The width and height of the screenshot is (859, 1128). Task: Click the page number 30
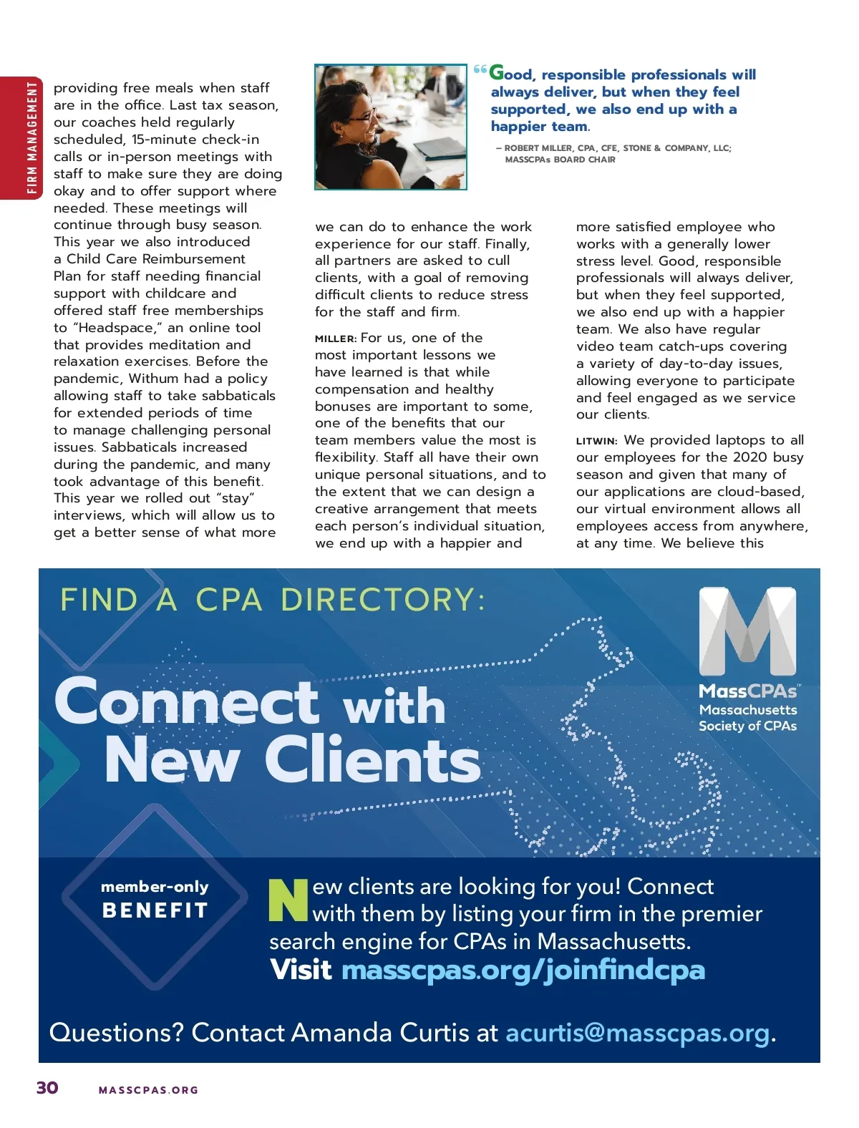coord(47,1087)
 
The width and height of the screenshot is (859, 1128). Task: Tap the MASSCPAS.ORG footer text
coord(148,1090)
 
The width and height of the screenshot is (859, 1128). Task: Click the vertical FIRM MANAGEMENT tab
coord(31,137)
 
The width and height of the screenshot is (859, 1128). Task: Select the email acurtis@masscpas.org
coord(637,1033)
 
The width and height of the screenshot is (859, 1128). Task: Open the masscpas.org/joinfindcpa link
coord(523,970)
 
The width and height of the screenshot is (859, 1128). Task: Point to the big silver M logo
coord(747,631)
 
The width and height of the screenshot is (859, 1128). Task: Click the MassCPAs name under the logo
coord(747,691)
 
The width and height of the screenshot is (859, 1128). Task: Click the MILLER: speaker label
coord(335,339)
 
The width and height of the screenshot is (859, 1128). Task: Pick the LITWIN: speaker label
coord(596,441)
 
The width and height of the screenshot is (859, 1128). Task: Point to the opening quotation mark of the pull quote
coord(480,70)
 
